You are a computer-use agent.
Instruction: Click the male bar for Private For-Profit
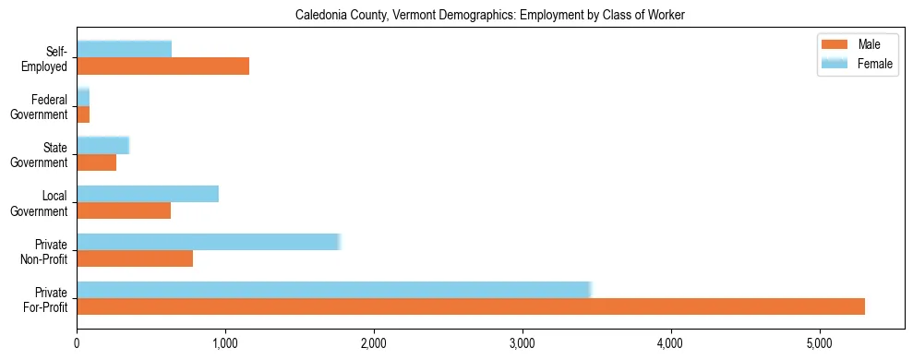click(x=471, y=306)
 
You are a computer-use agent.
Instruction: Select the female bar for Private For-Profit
click(x=333, y=290)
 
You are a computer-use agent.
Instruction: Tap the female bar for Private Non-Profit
click(x=209, y=242)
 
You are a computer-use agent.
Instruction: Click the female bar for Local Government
click(x=148, y=194)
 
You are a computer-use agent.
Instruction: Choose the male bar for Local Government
click(x=124, y=210)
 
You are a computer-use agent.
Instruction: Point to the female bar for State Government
click(x=102, y=146)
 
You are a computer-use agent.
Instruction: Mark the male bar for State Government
click(x=97, y=162)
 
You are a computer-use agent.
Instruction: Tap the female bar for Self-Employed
click(x=124, y=50)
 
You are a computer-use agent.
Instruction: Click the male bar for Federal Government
click(x=83, y=114)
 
